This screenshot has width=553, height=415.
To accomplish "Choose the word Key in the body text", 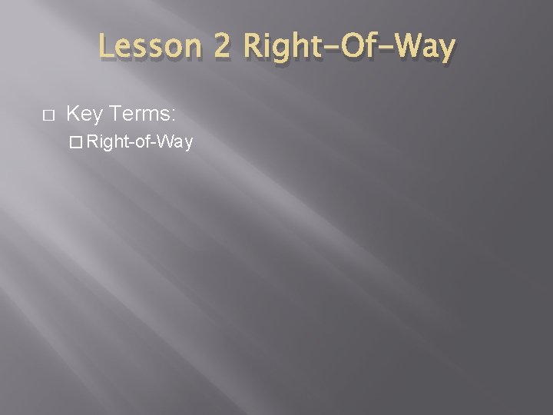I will pyautogui.click(x=85, y=115).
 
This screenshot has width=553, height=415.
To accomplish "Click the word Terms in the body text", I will pyautogui.click(x=141, y=115).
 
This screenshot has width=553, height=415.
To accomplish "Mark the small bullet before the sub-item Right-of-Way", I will pyautogui.click(x=74, y=143).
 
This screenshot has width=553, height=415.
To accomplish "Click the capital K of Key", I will pyautogui.click(x=74, y=115).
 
